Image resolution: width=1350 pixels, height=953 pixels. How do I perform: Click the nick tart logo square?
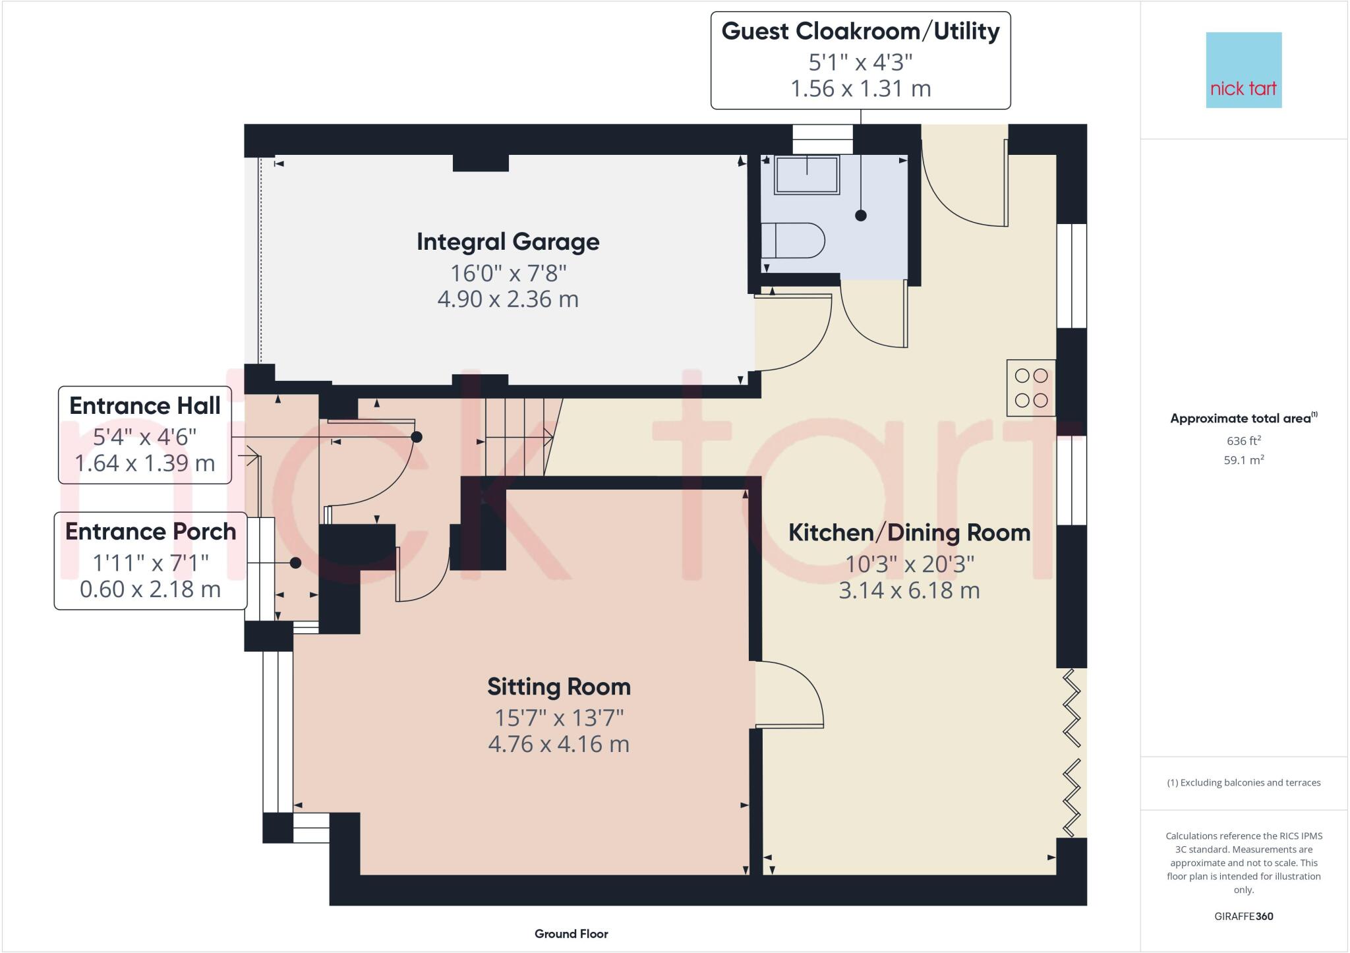tap(1243, 70)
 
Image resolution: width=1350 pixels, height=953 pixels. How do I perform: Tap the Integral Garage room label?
tap(508, 242)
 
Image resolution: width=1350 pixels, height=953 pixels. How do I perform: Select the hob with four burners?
tap(1031, 388)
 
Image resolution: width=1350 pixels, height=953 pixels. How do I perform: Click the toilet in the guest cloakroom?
tap(792, 241)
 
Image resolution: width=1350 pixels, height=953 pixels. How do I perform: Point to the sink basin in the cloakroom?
tap(807, 175)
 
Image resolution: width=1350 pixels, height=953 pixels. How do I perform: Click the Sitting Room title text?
tap(558, 687)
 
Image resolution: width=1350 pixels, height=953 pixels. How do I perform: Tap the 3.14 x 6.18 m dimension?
tap(909, 590)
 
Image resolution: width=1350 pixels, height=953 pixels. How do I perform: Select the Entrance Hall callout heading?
tap(144, 406)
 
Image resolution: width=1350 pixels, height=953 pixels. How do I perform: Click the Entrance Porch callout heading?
tap(150, 532)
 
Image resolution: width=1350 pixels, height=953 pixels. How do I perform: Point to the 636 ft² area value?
tap(1243, 440)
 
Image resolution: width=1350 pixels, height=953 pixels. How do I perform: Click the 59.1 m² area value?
tap(1243, 460)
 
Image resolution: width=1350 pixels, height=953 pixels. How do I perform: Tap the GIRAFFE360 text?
tap(1243, 916)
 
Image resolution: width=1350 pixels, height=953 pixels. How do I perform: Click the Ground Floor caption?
tap(571, 934)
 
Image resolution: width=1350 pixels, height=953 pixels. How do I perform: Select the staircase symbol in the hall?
tap(517, 436)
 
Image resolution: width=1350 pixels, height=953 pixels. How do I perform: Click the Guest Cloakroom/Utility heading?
tap(860, 31)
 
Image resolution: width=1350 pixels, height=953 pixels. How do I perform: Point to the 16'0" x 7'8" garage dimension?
tap(508, 272)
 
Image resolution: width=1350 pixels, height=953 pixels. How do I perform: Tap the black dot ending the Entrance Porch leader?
tap(295, 563)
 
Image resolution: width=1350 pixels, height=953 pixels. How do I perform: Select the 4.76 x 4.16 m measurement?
tap(558, 744)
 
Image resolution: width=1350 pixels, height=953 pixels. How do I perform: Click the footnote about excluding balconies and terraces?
tap(1243, 783)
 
